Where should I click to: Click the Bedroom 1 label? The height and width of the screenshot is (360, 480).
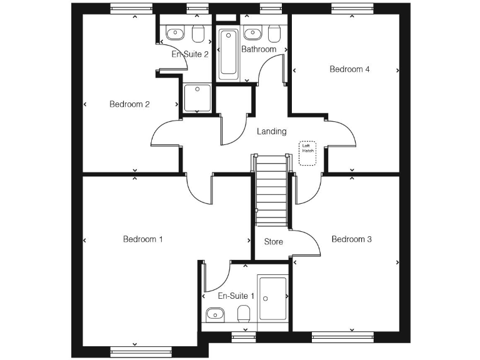coord(142,239)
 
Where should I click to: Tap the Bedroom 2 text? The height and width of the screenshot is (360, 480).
coord(129,104)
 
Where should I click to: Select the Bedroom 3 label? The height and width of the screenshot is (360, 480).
coord(351,239)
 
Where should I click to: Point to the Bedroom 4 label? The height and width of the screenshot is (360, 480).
coord(349,69)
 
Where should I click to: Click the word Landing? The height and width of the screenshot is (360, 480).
coord(272,131)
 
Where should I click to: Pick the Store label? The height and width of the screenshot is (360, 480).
coord(273,242)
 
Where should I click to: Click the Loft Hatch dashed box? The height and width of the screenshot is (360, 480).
coord(307,152)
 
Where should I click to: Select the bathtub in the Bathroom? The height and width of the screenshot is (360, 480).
coord(227,53)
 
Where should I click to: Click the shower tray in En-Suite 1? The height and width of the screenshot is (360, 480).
coord(273,299)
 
